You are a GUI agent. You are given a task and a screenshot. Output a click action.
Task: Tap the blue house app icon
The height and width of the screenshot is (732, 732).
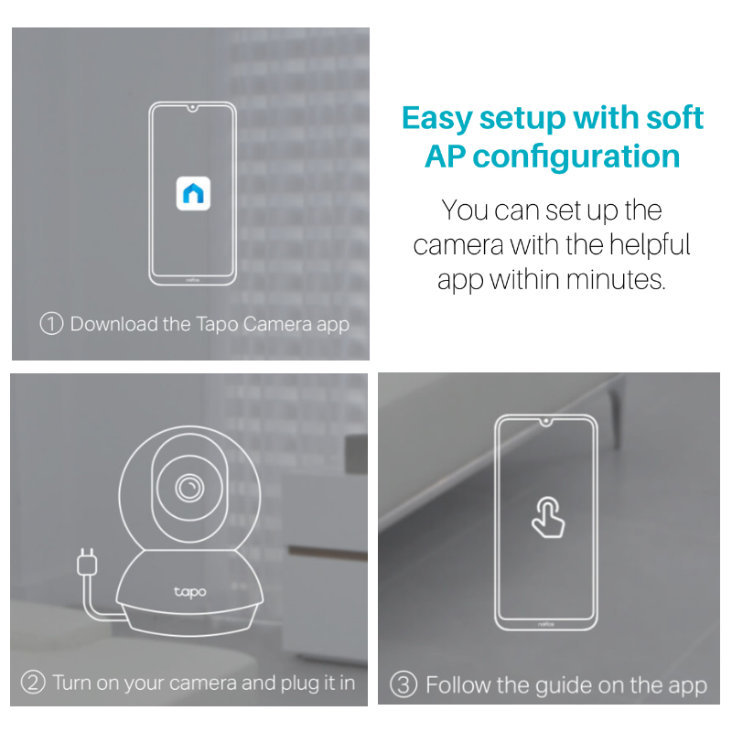[x=193, y=193]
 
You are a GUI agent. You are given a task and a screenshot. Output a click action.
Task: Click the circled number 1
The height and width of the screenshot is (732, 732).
[x=51, y=324]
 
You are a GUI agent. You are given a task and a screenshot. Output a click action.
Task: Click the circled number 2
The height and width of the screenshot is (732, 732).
[x=33, y=683]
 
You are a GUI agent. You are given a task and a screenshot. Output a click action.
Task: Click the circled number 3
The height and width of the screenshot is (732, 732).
[x=404, y=684]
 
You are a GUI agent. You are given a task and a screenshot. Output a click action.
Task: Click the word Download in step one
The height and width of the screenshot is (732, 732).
[x=113, y=324]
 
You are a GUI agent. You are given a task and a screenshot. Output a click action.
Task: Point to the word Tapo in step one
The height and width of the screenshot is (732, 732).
[x=217, y=325]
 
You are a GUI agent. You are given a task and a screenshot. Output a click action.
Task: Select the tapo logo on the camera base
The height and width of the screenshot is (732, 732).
[x=190, y=592]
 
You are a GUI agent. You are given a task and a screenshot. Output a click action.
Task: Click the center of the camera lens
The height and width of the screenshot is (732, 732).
[x=189, y=488]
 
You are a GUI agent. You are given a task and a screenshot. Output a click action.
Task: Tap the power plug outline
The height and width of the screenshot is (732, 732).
[x=87, y=563]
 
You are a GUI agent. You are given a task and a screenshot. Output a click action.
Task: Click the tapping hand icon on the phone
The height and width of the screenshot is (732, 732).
[x=548, y=517]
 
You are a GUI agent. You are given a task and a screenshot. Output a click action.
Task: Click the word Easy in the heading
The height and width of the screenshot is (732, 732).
[x=437, y=119]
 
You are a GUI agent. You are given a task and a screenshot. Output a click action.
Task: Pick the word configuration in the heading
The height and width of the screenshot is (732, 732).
[x=576, y=156]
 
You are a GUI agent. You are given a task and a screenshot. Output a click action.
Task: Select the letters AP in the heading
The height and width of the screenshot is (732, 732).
[x=445, y=156]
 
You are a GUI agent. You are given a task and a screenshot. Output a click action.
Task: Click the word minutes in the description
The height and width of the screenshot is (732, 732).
[x=615, y=280]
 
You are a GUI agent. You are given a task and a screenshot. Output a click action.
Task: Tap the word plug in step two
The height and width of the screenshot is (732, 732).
[x=299, y=684]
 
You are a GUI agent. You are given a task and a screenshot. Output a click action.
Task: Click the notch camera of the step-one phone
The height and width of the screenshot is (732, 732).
[x=192, y=108]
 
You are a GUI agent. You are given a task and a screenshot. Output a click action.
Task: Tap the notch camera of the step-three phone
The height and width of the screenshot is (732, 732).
[x=545, y=422]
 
